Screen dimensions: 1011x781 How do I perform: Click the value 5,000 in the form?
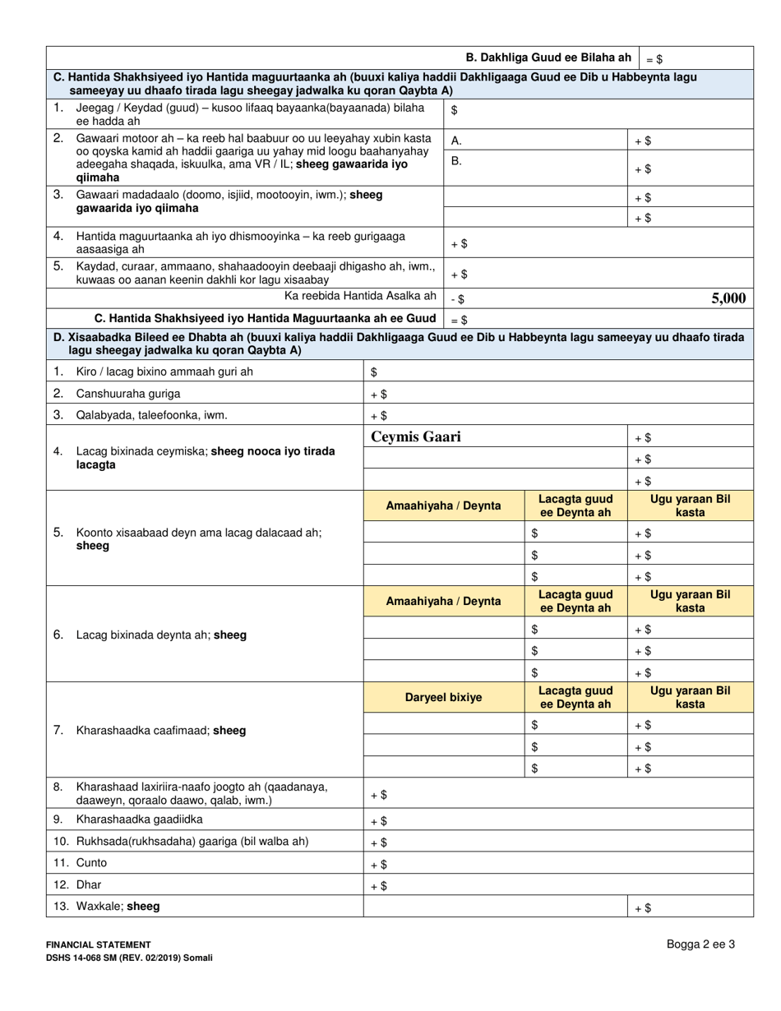(x=728, y=298)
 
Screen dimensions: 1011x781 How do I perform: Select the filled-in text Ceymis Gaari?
(x=416, y=437)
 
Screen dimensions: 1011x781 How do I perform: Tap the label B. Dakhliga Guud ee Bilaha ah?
(x=548, y=58)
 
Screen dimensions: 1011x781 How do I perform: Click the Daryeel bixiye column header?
(x=444, y=697)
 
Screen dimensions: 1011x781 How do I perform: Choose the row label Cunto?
(x=91, y=863)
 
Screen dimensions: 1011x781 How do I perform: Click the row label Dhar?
(x=89, y=885)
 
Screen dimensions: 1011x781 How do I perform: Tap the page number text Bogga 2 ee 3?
(x=700, y=944)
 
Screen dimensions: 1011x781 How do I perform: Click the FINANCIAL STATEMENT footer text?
(x=98, y=945)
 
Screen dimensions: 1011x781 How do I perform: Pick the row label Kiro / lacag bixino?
(x=164, y=372)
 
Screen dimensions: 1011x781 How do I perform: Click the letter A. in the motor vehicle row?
(x=457, y=141)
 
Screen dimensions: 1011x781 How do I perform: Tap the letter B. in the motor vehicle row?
(x=457, y=161)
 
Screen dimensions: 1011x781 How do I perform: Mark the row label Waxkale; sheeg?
(x=118, y=907)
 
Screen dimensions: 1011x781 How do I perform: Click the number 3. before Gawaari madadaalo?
(x=58, y=195)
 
